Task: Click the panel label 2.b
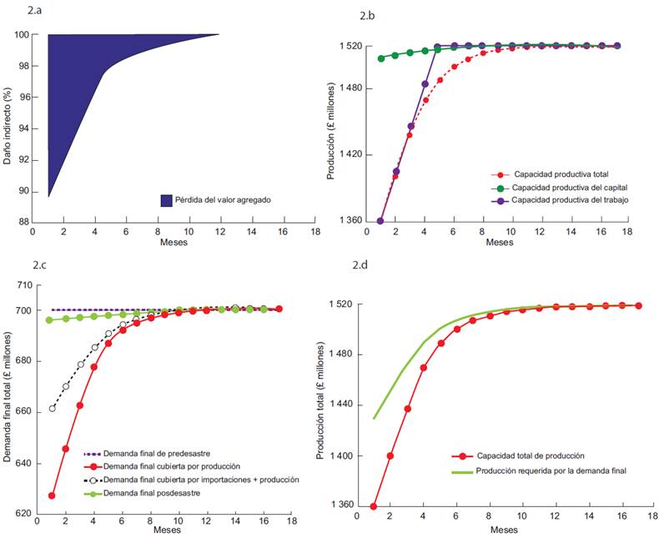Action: tap(367, 16)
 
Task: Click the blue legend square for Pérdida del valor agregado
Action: tap(166, 200)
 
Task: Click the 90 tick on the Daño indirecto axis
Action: tap(23, 191)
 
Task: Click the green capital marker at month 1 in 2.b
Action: tap(381, 58)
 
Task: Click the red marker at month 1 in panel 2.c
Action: tap(52, 495)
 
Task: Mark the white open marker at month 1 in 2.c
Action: tap(52, 408)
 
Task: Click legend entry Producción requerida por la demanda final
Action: tap(549, 471)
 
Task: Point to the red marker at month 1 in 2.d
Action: tap(374, 506)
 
